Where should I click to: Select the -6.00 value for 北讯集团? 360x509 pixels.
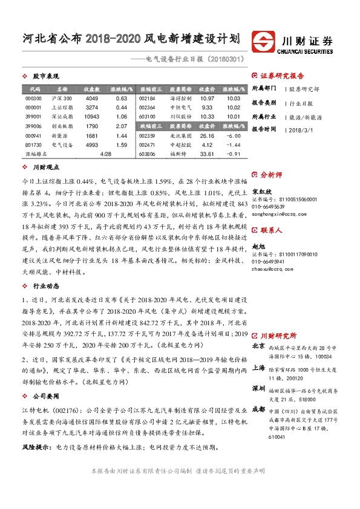[234, 136]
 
